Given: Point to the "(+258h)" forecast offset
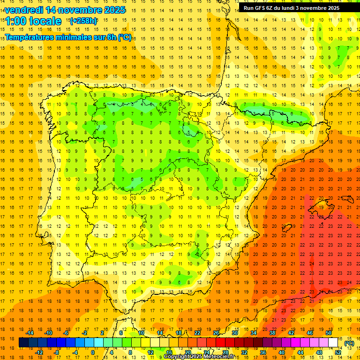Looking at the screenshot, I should (83, 21).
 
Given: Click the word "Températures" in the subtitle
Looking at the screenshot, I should (33, 37).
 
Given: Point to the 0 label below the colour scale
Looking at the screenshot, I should (93, 352).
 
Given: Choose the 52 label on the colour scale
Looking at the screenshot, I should (337, 352).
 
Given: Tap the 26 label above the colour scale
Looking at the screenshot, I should (216, 333).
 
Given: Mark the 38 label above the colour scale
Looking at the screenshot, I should (272, 333).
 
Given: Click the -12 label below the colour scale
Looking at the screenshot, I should (39, 352).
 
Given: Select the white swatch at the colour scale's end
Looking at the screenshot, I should (333, 343).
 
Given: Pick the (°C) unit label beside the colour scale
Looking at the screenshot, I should (349, 343).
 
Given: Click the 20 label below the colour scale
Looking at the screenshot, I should (187, 352).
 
